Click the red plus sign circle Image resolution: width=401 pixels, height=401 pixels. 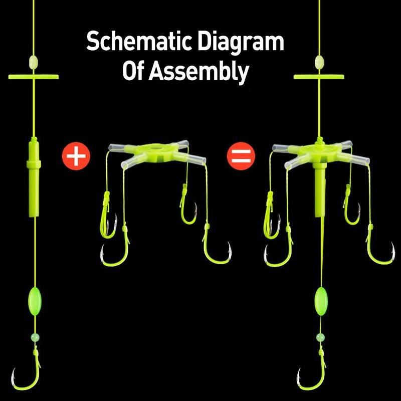pyautogui.click(x=76, y=156)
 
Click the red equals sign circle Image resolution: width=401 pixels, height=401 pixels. pyautogui.click(x=241, y=156)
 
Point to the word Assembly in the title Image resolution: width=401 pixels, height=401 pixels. pyautogui.click(x=198, y=72)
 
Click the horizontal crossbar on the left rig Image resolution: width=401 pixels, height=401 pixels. pyautogui.click(x=34, y=77)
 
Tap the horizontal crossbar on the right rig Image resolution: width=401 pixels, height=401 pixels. pyautogui.click(x=319, y=77)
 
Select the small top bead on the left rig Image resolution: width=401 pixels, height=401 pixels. pyautogui.click(x=34, y=61)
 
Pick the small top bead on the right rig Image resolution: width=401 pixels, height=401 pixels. pyautogui.click(x=319, y=61)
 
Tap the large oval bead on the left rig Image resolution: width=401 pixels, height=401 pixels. pyautogui.click(x=35, y=301)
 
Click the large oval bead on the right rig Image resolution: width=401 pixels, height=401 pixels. pyautogui.click(x=321, y=301)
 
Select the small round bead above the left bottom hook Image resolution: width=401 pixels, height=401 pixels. pyautogui.click(x=35, y=337)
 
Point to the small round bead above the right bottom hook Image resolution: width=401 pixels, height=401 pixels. pyautogui.click(x=320, y=337)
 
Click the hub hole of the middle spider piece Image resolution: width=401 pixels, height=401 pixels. pyautogui.click(x=155, y=148)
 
